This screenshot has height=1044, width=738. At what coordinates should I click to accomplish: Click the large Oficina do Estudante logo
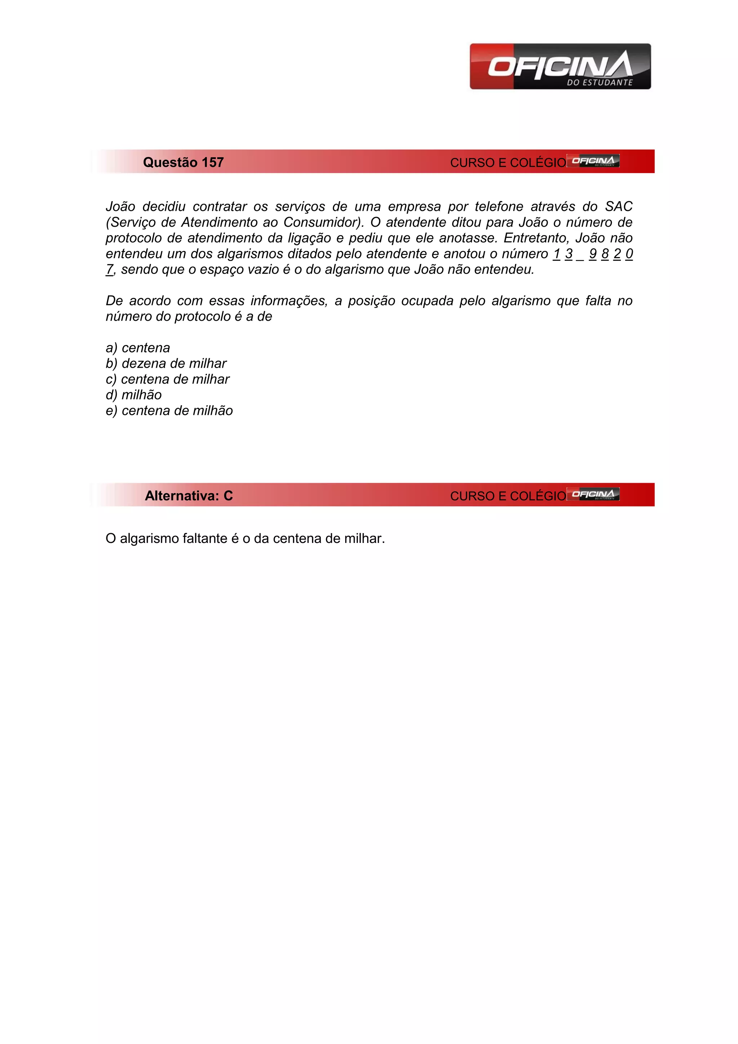[560, 66]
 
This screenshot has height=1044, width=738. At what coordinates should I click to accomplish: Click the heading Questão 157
[183, 162]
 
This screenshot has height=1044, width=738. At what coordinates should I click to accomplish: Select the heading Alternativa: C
[188, 496]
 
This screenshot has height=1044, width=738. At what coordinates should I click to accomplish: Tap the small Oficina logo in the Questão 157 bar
[593, 161]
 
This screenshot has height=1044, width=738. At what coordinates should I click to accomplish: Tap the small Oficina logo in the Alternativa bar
[593, 494]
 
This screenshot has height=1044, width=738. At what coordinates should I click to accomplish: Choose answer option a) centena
[138, 348]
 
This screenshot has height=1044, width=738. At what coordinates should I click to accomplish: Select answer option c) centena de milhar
[167, 379]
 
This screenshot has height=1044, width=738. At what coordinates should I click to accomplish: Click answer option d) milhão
[134, 395]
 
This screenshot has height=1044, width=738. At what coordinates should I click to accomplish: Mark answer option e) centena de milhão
[169, 411]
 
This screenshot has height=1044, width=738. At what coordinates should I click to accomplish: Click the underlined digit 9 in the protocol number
[592, 254]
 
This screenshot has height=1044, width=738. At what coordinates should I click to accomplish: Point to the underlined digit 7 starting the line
[109, 270]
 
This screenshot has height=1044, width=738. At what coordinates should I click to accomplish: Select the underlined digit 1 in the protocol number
[557, 254]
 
